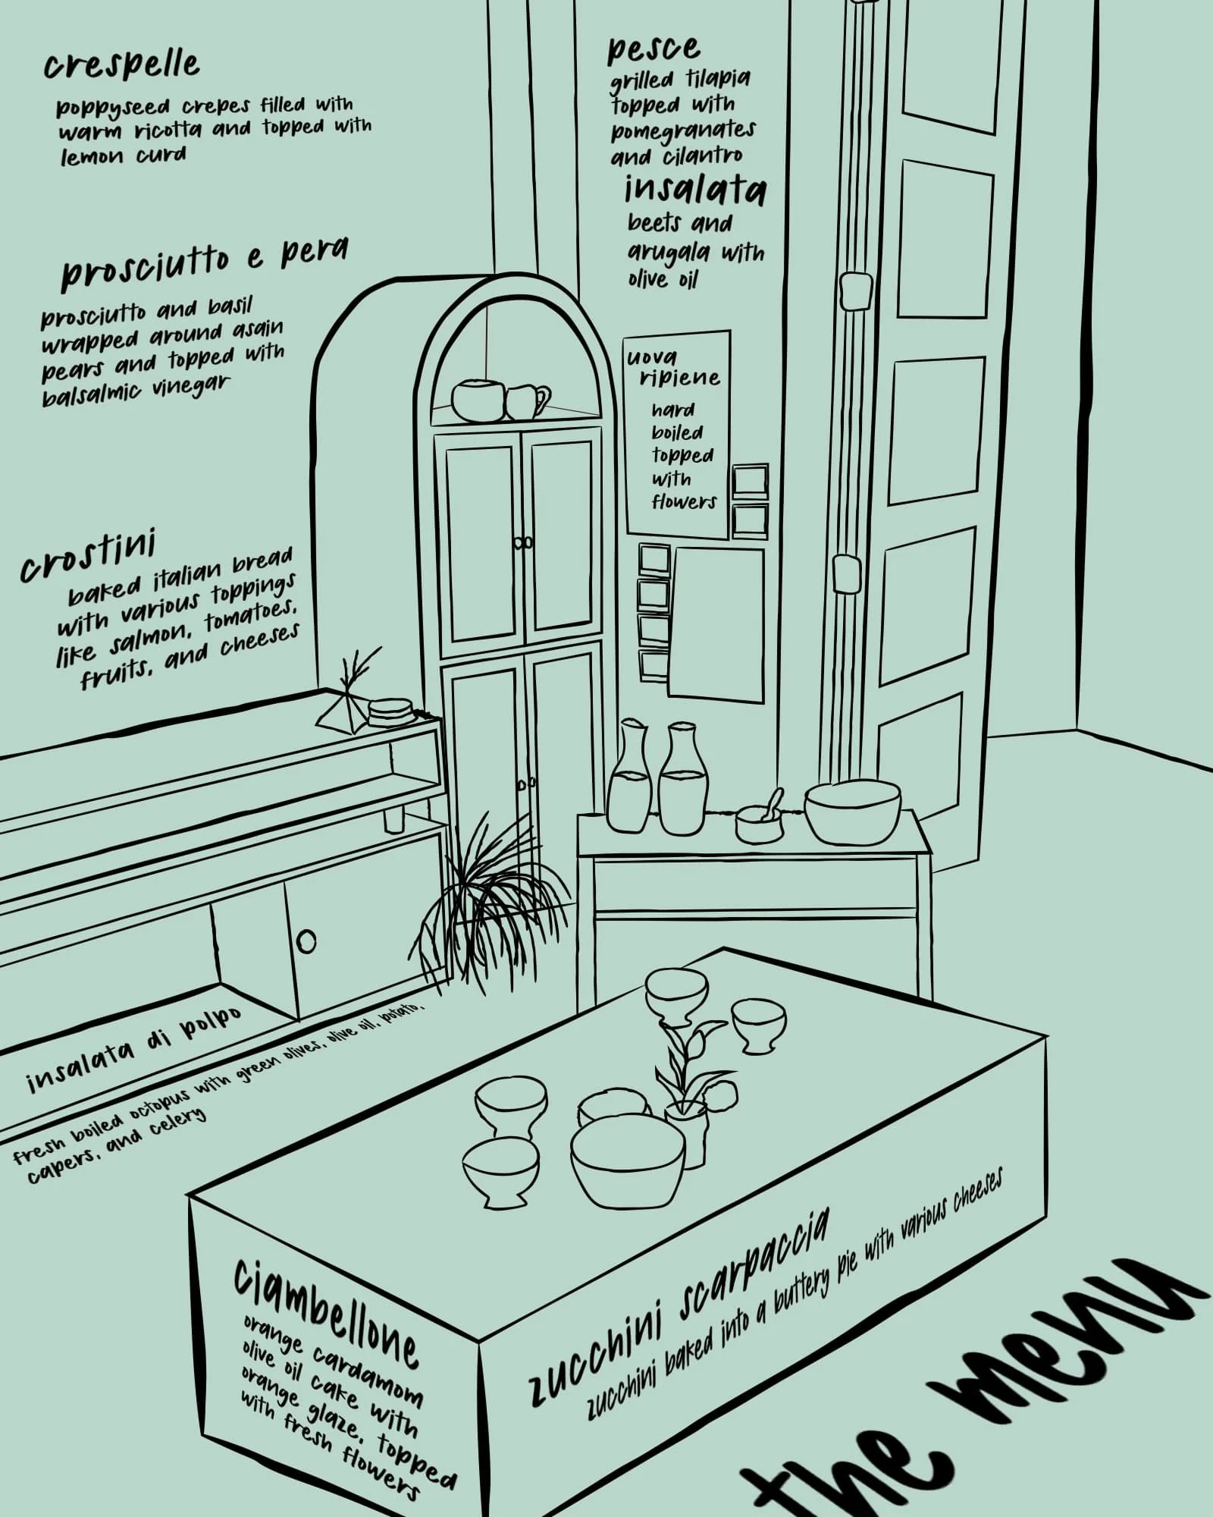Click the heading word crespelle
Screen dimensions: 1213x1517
point(121,66)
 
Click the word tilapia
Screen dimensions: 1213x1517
point(718,79)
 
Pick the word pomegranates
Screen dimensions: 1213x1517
point(683,131)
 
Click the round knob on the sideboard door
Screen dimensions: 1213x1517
point(306,941)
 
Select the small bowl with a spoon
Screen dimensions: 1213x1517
point(759,818)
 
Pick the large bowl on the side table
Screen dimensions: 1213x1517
point(852,813)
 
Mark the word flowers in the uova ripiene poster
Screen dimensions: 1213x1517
point(684,502)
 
